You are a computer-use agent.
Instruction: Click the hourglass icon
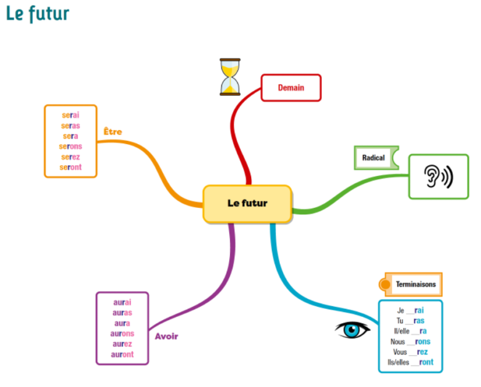point(230,77)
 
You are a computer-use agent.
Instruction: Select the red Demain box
point(291,88)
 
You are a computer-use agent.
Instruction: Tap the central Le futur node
point(247,204)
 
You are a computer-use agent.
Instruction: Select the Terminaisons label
point(415,284)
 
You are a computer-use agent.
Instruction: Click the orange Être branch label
point(113,132)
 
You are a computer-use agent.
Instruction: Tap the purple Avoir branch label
point(167,337)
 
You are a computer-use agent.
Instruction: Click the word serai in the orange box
point(71,115)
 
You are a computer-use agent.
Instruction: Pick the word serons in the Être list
point(71,147)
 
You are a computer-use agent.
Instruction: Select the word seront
point(71,167)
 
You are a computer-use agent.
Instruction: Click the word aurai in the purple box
point(122,302)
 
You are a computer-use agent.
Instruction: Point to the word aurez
point(122,344)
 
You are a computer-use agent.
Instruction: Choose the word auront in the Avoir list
point(122,354)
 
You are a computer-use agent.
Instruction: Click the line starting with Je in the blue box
point(410,310)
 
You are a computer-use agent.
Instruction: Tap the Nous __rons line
point(410,341)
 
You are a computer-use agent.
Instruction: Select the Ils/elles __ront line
point(410,362)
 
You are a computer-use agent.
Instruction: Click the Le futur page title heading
point(38,14)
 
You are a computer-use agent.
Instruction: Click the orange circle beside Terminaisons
point(385,285)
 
